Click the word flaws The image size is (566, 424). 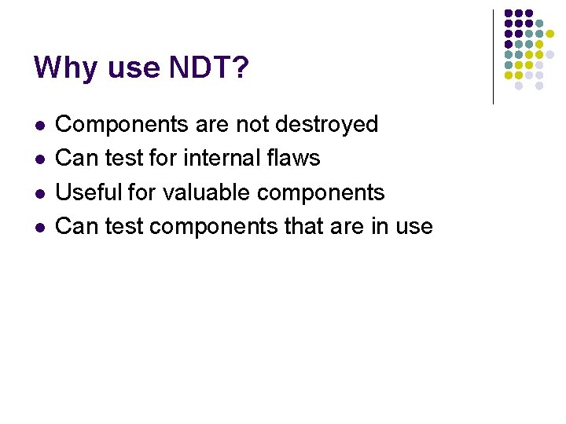[292, 158]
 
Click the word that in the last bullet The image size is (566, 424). [303, 226]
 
